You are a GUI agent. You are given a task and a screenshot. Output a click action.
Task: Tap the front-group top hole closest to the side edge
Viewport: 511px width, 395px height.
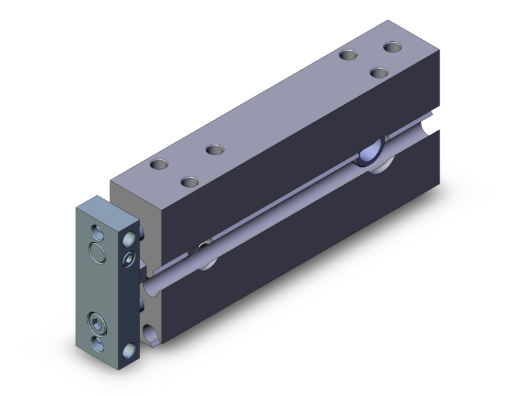click(189, 182)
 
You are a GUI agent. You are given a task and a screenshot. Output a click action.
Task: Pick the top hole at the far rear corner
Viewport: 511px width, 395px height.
click(392, 47)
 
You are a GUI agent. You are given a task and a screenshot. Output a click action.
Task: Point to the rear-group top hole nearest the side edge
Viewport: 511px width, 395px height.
click(377, 71)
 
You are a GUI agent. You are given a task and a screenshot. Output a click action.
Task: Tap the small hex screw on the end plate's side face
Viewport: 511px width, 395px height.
click(130, 259)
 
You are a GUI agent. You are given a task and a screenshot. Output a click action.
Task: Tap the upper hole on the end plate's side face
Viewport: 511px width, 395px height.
click(128, 238)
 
